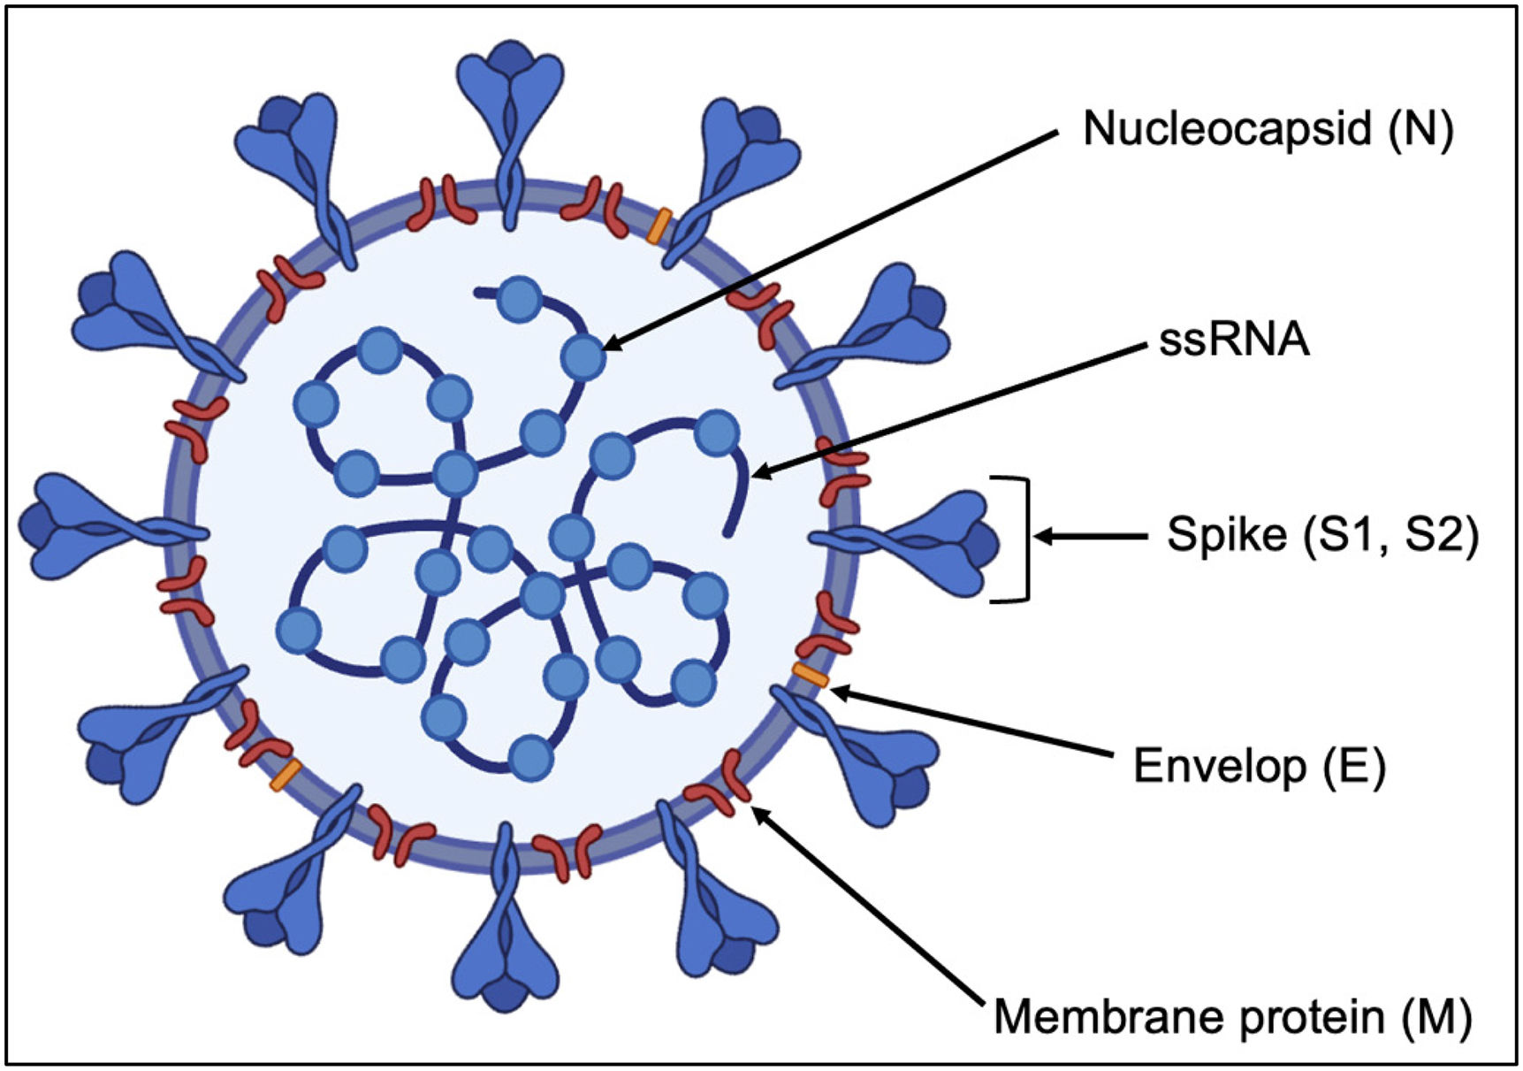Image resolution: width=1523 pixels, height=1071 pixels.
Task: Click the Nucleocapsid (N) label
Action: (1268, 129)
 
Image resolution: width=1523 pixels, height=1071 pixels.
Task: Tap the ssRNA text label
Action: (1234, 340)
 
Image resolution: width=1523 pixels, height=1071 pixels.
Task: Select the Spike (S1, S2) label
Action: (1322, 535)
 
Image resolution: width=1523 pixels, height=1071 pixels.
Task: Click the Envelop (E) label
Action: (1259, 766)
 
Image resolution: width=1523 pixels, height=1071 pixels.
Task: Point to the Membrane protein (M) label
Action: (1232, 1017)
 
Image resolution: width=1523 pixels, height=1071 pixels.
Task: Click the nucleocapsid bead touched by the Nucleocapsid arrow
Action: (583, 357)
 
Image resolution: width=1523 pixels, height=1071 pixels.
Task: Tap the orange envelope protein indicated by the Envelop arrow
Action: (810, 675)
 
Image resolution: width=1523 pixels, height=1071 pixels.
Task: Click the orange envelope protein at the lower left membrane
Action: (286, 775)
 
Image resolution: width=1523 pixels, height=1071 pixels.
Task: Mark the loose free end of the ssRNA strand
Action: (727, 533)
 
